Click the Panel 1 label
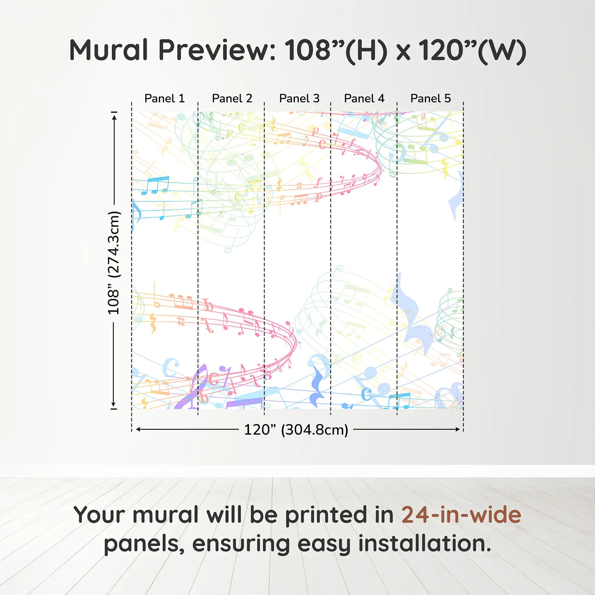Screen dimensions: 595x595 coord(164,99)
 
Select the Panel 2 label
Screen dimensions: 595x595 coord(232,99)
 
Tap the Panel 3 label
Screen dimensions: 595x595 coord(299,99)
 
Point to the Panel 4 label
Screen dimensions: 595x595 coord(364,99)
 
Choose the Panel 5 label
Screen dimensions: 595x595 coord(431,99)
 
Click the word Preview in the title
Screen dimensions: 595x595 coord(217,50)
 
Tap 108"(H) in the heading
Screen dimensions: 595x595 coord(335,51)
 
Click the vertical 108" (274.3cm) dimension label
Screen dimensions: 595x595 coord(113,263)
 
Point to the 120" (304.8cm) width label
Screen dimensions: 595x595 coord(296,430)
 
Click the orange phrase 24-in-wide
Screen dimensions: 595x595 coord(461,515)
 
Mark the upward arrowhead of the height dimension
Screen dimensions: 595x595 coord(114,117)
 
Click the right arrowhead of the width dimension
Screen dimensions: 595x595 coord(458,429)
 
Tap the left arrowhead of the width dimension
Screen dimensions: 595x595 coord(139,429)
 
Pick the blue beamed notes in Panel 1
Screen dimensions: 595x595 coord(155,185)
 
